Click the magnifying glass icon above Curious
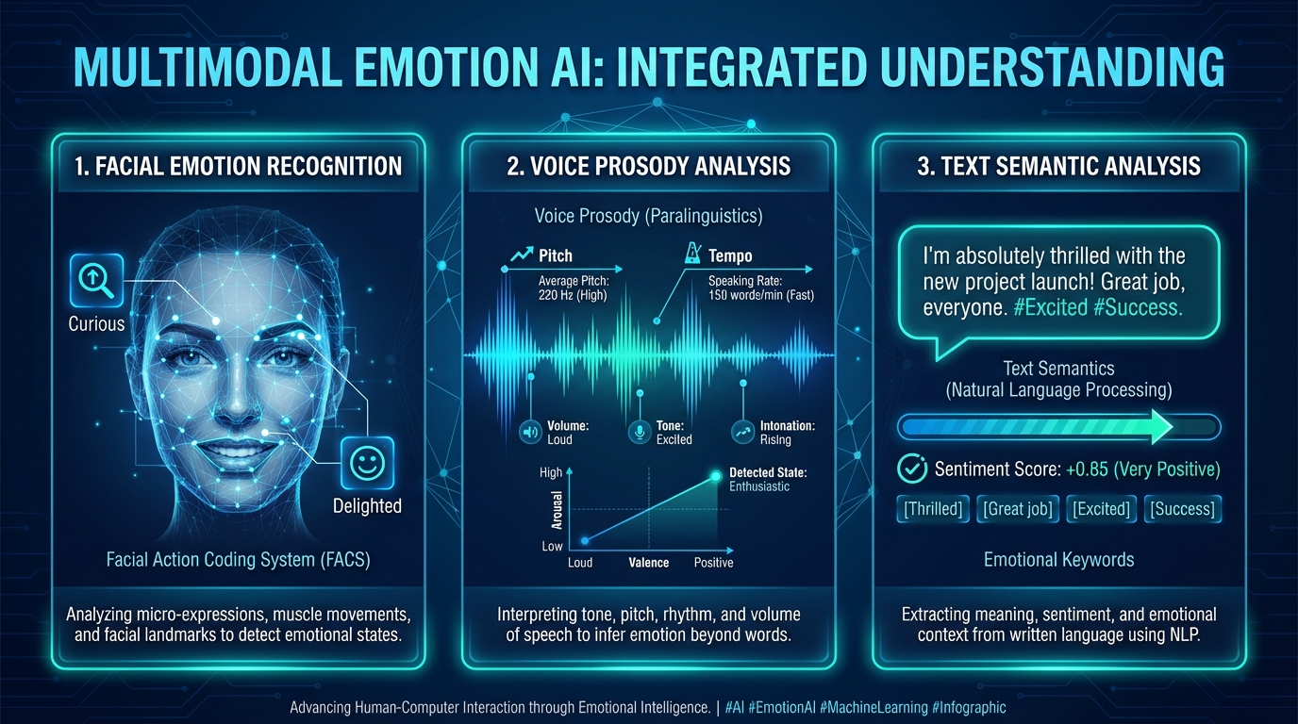click(x=96, y=280)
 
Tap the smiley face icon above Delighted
click(x=366, y=463)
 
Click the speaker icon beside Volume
click(x=530, y=433)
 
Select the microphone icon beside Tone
click(x=641, y=433)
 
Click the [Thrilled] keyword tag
click(x=933, y=509)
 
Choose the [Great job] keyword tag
click(x=1018, y=509)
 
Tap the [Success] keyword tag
click(x=1183, y=509)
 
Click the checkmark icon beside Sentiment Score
click(x=911, y=469)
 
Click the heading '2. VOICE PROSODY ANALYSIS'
click(x=648, y=167)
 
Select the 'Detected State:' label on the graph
click(x=768, y=472)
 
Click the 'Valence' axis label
click(x=648, y=563)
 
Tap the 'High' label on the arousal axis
click(x=551, y=472)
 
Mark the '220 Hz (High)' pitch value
click(x=573, y=295)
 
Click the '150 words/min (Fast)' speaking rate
click(x=760, y=295)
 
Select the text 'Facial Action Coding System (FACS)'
click(x=238, y=560)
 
